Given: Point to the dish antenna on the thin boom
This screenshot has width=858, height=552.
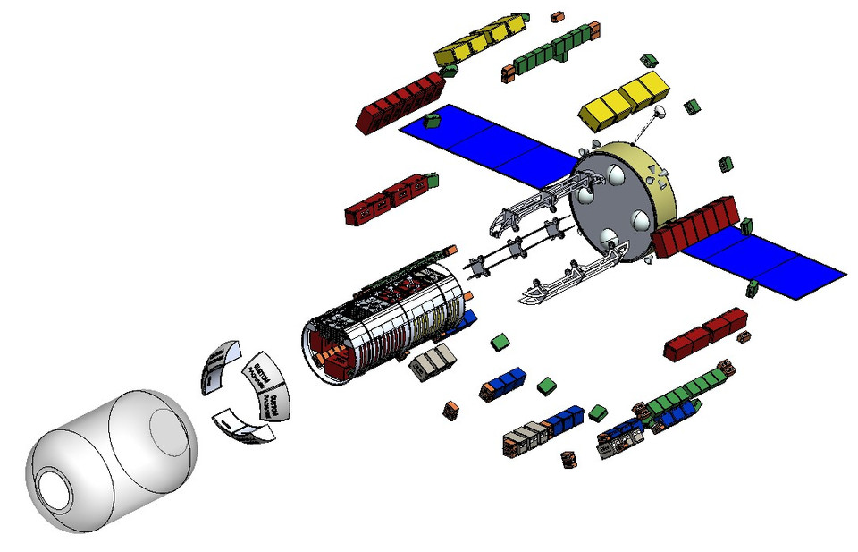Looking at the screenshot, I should click(x=660, y=114).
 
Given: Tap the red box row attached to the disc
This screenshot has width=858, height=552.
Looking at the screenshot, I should click(x=698, y=228).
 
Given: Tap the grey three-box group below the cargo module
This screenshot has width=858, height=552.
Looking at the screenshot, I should click(x=433, y=361).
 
